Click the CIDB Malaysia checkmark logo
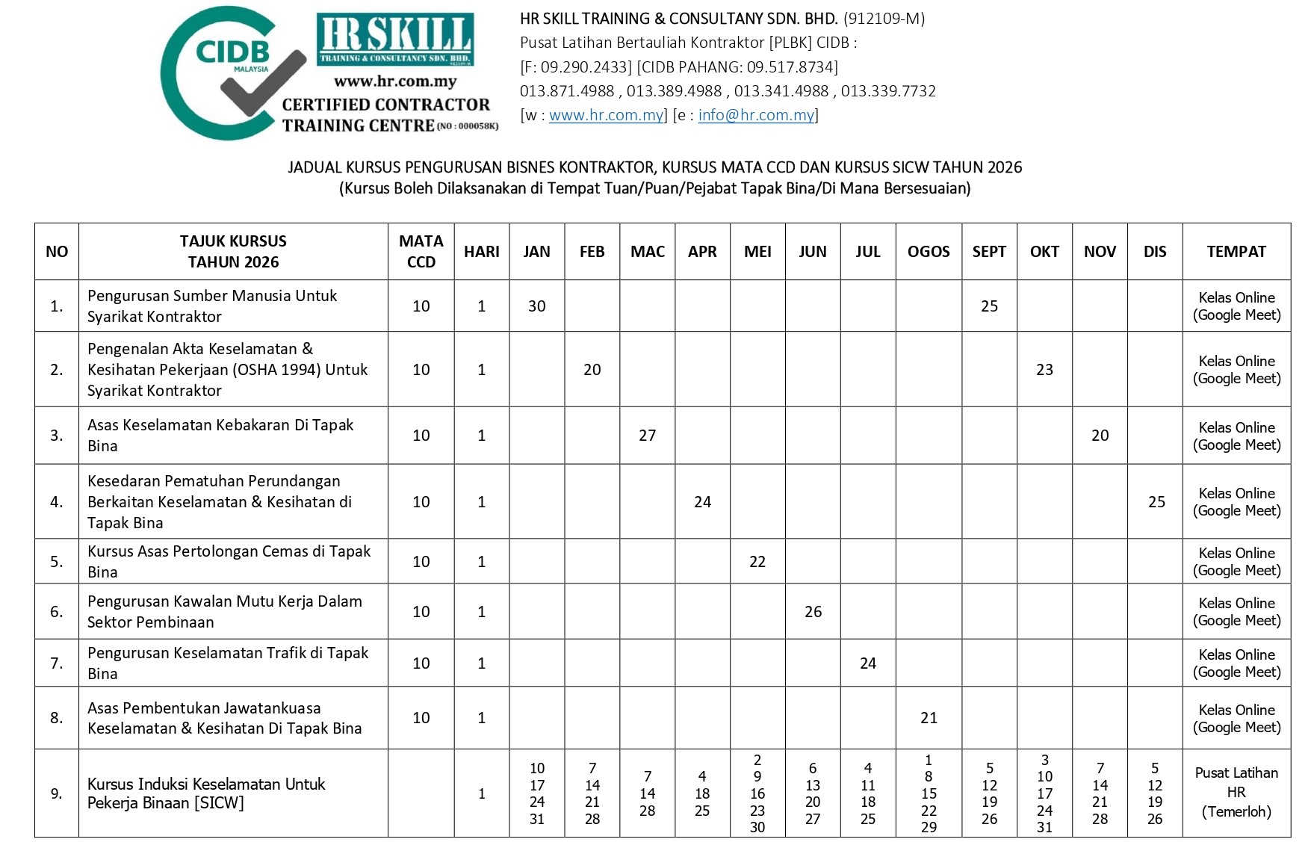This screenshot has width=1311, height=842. [x=232, y=73]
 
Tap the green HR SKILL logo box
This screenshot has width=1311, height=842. [x=395, y=39]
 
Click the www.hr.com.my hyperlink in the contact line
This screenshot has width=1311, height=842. [x=606, y=115]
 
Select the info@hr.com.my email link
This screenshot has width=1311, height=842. [x=756, y=115]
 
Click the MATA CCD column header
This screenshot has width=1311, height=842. [x=421, y=252]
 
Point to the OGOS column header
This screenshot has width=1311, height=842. [x=929, y=252]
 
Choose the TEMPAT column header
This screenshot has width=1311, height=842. [x=1236, y=252]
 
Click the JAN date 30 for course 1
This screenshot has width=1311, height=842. [x=536, y=306]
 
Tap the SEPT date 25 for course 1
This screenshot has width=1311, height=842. [x=989, y=306]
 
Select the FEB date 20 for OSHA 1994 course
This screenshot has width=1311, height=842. [x=592, y=370]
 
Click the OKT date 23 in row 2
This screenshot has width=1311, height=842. [x=1044, y=370]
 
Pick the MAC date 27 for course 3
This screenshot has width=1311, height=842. [x=647, y=436]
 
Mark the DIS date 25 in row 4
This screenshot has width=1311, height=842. [x=1156, y=502]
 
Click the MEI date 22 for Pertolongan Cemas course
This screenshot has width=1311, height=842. [x=757, y=562]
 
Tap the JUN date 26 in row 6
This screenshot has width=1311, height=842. [x=813, y=612]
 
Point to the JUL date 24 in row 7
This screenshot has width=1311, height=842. [x=867, y=663]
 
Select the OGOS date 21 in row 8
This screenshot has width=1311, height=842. [x=929, y=718]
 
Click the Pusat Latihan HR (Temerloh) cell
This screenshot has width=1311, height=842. [x=1236, y=793]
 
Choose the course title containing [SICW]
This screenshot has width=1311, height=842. [x=206, y=793]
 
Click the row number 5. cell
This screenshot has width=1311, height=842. [x=57, y=562]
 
